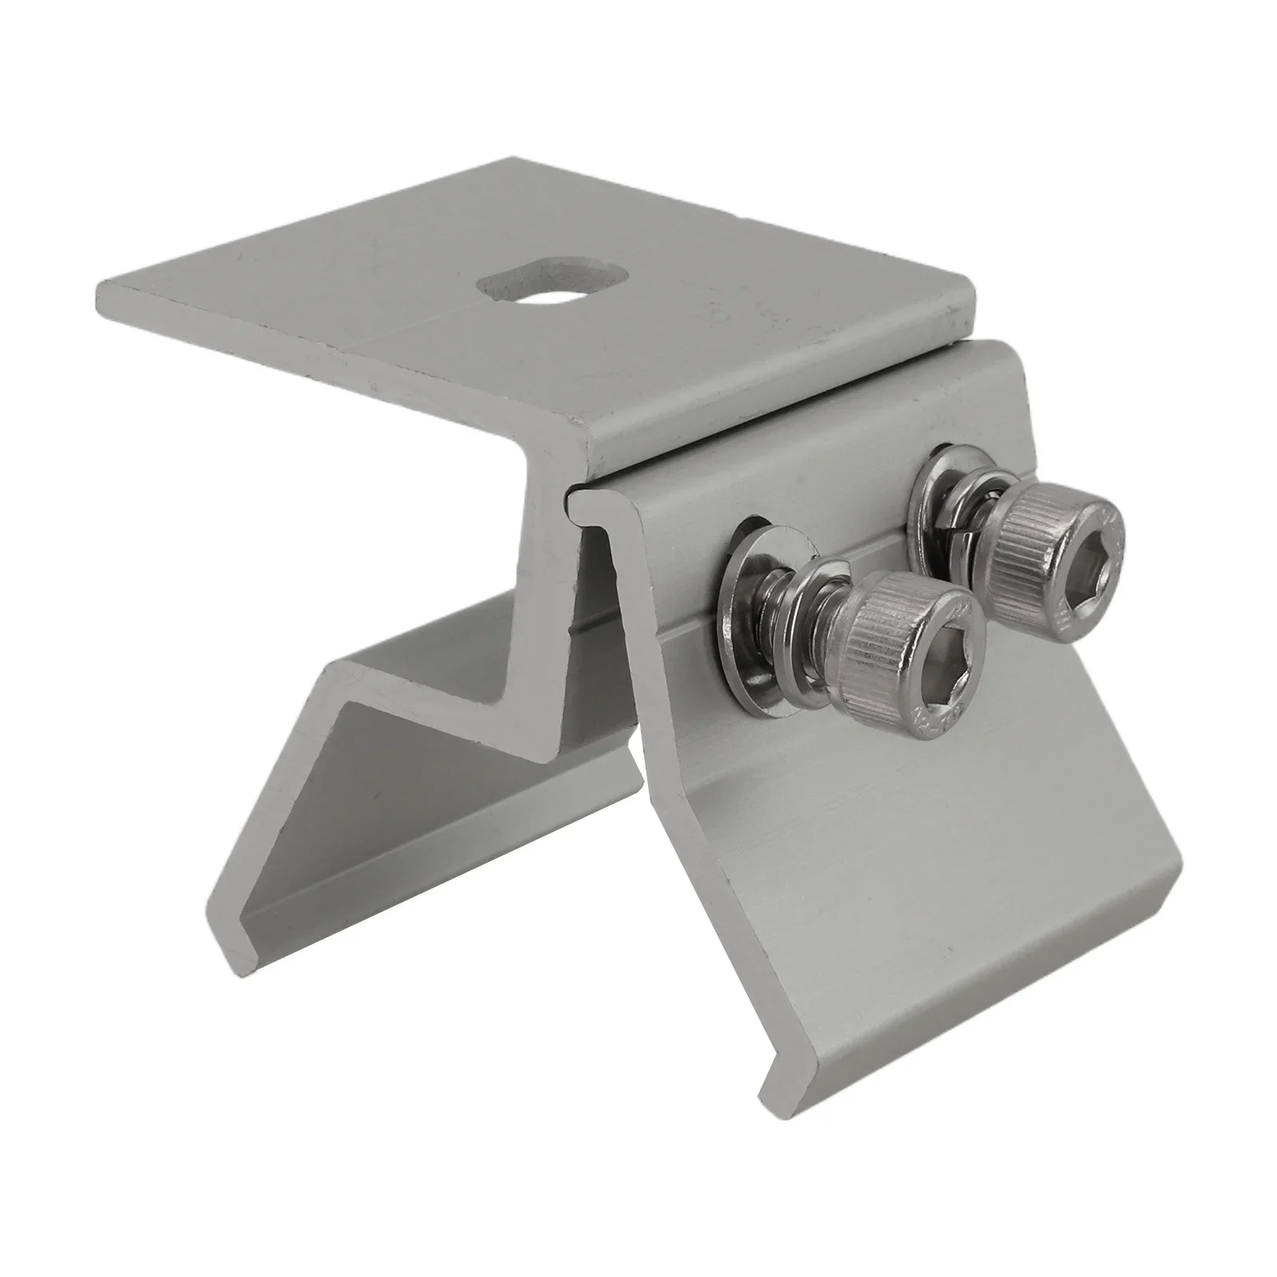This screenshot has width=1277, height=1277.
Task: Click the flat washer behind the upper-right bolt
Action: pos(942,479)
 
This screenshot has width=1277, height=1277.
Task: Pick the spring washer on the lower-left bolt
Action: pos(806,631)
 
